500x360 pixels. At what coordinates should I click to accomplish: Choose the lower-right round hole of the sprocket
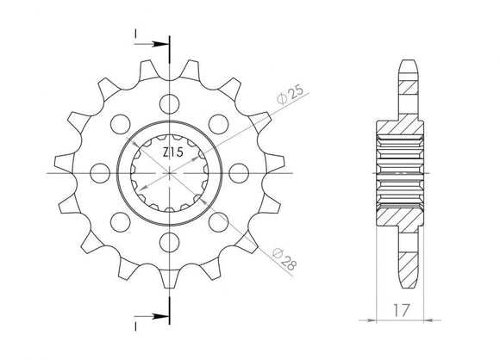(x=221, y=221)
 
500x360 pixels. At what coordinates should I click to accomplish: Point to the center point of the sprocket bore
(x=170, y=172)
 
